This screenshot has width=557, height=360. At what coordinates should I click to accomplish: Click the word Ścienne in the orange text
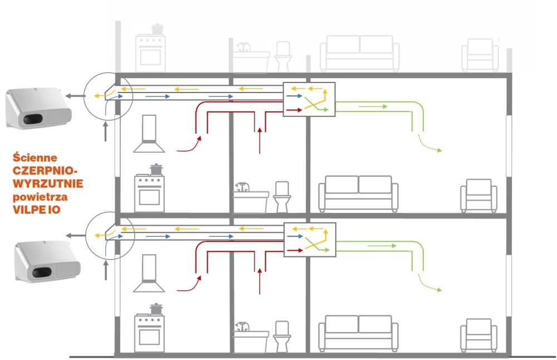click(x=35, y=158)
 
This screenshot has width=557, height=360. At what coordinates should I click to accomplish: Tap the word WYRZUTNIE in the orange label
click(x=48, y=183)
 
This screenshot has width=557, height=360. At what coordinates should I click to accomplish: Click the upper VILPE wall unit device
click(x=39, y=108)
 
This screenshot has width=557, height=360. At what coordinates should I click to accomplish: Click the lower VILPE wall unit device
click(x=47, y=261)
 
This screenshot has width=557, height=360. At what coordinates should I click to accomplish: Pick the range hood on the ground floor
click(x=149, y=273)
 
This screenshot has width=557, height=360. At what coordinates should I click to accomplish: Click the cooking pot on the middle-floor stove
click(x=156, y=169)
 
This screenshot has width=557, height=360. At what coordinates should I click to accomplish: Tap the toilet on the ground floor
click(x=282, y=336)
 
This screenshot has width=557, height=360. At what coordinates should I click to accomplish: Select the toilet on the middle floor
click(x=282, y=197)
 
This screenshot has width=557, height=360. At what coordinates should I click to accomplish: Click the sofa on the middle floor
click(x=358, y=193)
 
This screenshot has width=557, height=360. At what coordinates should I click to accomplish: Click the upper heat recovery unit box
click(x=309, y=100)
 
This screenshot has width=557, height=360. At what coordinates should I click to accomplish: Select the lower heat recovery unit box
click(x=310, y=240)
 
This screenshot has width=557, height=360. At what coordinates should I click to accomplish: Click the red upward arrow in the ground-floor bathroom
click(x=260, y=281)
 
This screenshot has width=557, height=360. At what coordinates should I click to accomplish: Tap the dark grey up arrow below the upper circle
click(x=105, y=132)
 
